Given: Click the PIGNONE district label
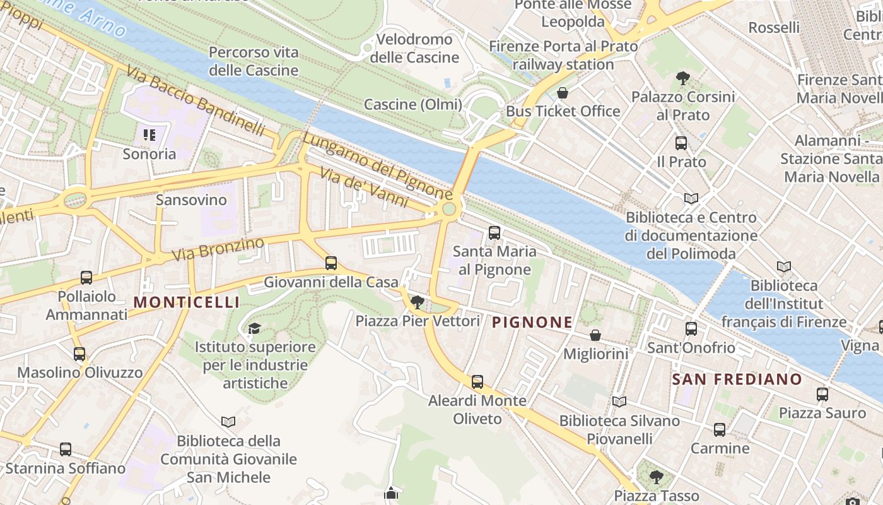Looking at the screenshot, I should click(532, 323).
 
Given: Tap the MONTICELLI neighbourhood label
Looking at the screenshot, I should click(187, 302).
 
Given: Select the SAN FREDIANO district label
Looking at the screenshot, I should click(737, 379).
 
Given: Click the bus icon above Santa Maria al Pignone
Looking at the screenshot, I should click(494, 233).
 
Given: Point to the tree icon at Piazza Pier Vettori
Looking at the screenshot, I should click(417, 302).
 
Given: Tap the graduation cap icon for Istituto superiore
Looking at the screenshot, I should click(254, 328).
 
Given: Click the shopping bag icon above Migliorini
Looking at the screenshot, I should click(595, 335).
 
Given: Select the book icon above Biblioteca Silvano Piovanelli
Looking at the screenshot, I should click(619, 401).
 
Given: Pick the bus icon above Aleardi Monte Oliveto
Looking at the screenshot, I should click(477, 381).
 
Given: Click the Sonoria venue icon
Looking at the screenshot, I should click(149, 134).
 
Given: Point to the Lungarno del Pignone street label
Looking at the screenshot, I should click(377, 165).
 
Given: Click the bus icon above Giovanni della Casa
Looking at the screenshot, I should click(331, 263).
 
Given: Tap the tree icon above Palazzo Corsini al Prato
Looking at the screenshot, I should click(682, 78).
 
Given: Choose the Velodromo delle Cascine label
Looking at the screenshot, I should click(414, 48).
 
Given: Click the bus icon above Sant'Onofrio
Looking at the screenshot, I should click(691, 328).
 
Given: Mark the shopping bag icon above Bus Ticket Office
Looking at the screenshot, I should click(563, 93).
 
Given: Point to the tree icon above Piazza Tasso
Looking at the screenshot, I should click(657, 476).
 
